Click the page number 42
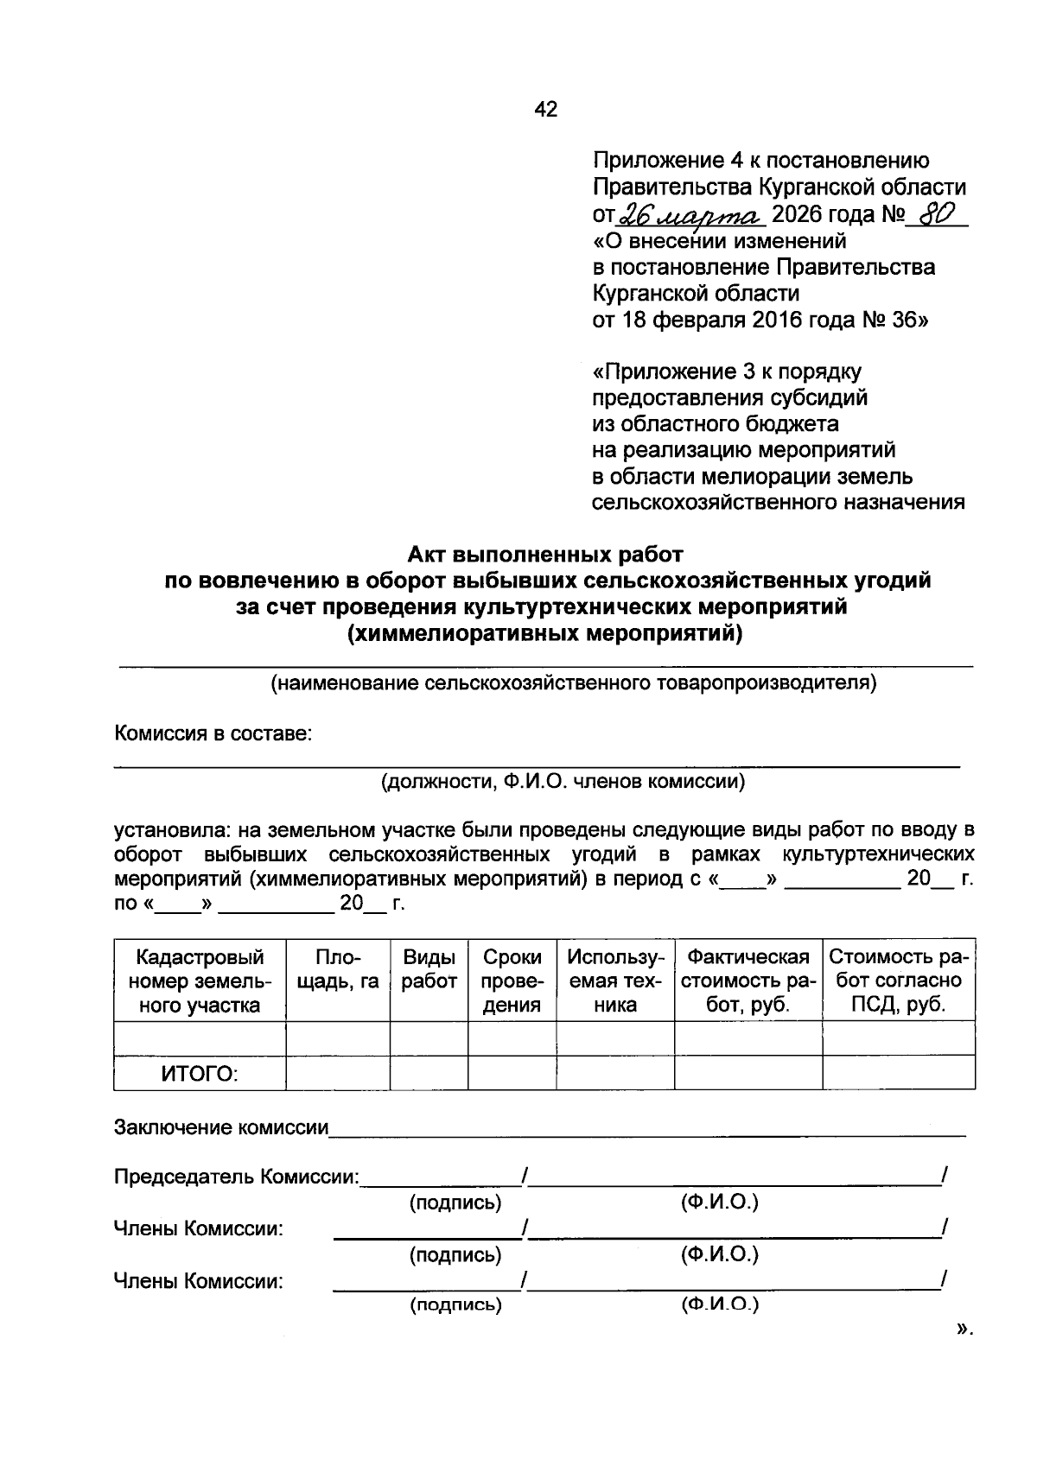click(x=546, y=110)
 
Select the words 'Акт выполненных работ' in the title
click(x=546, y=554)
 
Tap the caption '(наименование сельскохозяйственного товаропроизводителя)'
click(x=574, y=684)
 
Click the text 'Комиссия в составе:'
click(x=213, y=734)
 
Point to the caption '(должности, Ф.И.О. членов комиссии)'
click(x=563, y=783)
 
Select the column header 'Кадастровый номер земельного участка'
click(x=200, y=981)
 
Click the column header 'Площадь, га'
click(x=338, y=969)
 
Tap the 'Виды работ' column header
click(x=429, y=969)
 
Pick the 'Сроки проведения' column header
click(x=512, y=981)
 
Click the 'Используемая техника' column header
click(x=615, y=981)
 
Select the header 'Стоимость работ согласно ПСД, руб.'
click(x=899, y=981)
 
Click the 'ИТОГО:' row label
click(x=200, y=1074)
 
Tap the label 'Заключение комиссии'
click(x=221, y=1127)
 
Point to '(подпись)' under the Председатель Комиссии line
click(x=455, y=1203)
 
